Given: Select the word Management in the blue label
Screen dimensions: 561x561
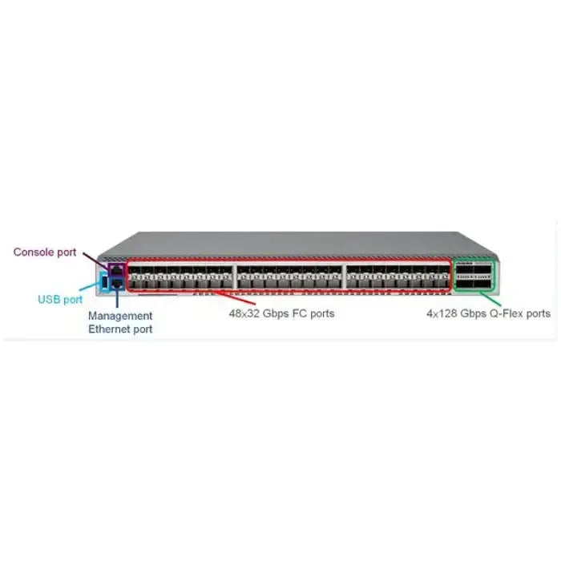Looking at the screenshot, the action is click(x=120, y=316).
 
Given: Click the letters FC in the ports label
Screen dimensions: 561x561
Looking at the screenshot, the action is click(x=300, y=313).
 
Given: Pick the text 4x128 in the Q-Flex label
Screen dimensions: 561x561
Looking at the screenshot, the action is click(x=442, y=313).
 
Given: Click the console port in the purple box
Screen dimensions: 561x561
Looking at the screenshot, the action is click(x=117, y=270).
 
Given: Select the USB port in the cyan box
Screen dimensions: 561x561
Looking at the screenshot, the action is click(x=104, y=283).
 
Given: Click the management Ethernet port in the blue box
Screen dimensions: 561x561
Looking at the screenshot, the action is click(x=117, y=284).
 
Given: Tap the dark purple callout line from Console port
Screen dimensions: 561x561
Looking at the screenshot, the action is click(x=95, y=260).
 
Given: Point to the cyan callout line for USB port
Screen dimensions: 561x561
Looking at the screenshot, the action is click(x=90, y=286).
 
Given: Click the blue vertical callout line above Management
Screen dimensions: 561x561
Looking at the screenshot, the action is click(x=117, y=299).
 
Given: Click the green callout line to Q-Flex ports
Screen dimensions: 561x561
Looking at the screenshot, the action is click(x=490, y=298).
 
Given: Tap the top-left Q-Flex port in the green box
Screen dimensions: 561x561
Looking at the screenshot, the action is click(x=464, y=270).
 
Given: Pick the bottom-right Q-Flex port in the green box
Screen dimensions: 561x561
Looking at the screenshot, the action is click(x=482, y=285).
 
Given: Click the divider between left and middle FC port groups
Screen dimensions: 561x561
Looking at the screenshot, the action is click(x=235, y=276).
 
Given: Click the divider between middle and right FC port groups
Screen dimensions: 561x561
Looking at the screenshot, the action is click(x=344, y=276).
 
